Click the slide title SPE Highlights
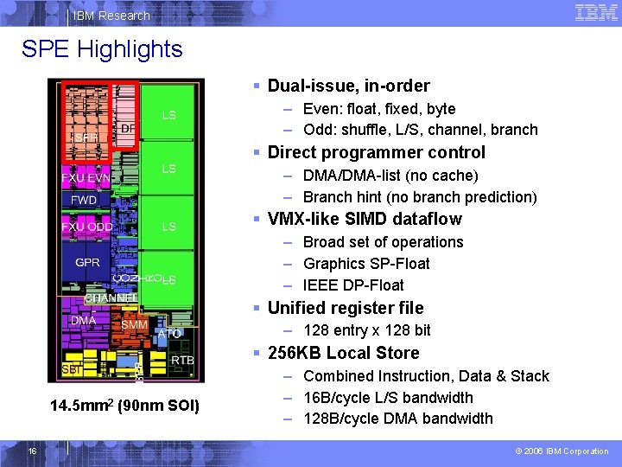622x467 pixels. pyautogui.click(x=102, y=49)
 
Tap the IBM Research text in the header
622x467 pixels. pyautogui.click(x=111, y=16)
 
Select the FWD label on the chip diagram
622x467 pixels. pyautogui.click(x=84, y=200)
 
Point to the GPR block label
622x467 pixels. pyautogui.click(x=87, y=262)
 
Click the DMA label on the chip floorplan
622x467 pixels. pyautogui.click(x=84, y=320)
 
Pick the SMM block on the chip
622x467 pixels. pyautogui.click(x=134, y=325)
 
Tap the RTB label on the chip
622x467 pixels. pyautogui.click(x=182, y=360)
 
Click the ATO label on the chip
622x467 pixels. pyautogui.click(x=169, y=333)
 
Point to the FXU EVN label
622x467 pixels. pyautogui.click(x=86, y=178)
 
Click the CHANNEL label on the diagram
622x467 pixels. pyautogui.click(x=111, y=298)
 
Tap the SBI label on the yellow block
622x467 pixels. pyautogui.click(x=71, y=369)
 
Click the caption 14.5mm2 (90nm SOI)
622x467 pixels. pyautogui.click(x=124, y=406)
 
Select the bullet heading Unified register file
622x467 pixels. pyautogui.click(x=346, y=308)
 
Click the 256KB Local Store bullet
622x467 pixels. pyautogui.click(x=343, y=353)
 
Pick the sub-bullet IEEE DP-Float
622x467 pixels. pyautogui.click(x=353, y=285)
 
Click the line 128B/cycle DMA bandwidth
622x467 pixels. pyautogui.click(x=398, y=419)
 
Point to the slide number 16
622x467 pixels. pyautogui.click(x=32, y=451)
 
